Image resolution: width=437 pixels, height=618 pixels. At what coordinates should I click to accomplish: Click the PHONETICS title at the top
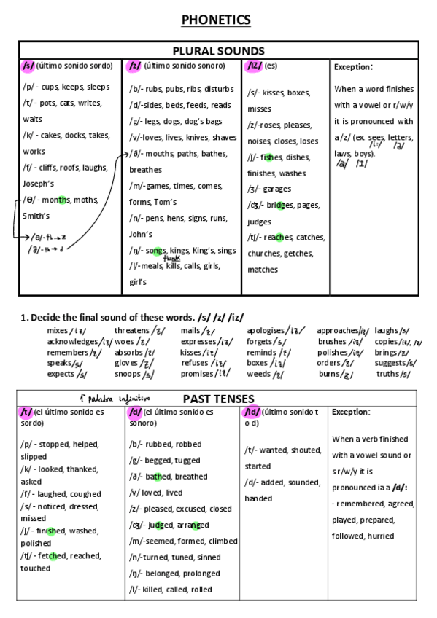pyautogui.click(x=218, y=20)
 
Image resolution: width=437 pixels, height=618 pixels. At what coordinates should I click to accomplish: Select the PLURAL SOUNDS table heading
pyautogui.click(x=218, y=50)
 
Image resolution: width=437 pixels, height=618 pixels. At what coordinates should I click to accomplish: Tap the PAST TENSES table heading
pyautogui.click(x=218, y=399)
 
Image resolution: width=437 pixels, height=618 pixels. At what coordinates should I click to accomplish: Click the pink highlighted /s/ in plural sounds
pyautogui.click(x=28, y=66)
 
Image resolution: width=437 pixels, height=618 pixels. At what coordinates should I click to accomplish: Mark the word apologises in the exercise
pyautogui.click(x=268, y=330)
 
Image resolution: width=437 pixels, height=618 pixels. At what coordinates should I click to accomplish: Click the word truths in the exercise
pyautogui.click(x=387, y=374)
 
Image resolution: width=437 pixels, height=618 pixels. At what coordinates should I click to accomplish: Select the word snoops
pyautogui.click(x=128, y=374)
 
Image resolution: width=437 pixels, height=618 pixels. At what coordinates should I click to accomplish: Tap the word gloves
pyautogui.click(x=125, y=363)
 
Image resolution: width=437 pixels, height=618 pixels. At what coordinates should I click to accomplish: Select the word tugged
pyautogui.click(x=187, y=460)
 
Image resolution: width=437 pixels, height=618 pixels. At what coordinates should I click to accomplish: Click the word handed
pyautogui.click(x=258, y=498)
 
